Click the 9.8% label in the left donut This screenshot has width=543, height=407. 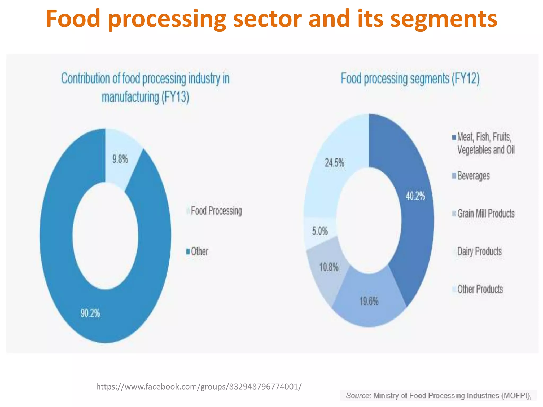120,159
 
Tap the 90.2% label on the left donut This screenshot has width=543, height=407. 90,313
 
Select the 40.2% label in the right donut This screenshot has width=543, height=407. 415,196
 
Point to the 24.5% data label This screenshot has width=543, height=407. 334,163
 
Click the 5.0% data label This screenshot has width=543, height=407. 320,231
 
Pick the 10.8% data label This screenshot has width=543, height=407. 329,267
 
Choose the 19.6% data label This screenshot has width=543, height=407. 369,301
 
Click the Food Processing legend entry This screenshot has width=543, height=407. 216,211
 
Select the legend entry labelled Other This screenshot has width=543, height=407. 199,251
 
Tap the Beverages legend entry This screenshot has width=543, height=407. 473,176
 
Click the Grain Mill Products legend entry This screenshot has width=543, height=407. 486,214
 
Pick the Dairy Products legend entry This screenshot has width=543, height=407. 479,251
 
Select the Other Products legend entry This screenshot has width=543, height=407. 480,289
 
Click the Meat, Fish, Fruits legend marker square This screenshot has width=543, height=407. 454,138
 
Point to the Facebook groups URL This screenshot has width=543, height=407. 199,387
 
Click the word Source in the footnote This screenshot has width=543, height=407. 357,396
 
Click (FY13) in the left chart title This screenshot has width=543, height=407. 175,97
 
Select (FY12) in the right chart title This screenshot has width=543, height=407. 466,78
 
